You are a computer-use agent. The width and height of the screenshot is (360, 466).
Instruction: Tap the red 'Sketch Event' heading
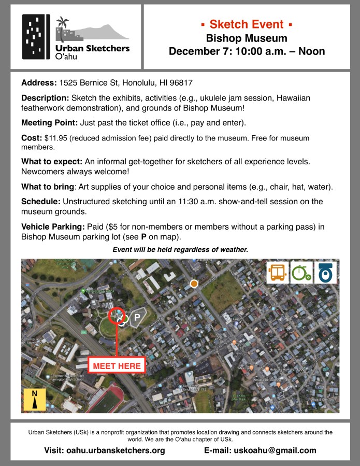247,24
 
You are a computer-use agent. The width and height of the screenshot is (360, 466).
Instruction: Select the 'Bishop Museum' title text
247,38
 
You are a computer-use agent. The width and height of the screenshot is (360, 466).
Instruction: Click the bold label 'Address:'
39,83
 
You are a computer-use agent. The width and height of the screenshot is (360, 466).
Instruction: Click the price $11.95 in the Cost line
55,138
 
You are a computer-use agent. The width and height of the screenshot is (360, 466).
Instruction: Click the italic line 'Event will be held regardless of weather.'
180,249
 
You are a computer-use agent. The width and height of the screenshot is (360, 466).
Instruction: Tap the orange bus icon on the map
277,273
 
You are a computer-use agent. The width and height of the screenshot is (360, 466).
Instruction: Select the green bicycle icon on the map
301,273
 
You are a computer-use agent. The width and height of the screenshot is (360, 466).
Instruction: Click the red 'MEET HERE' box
117,365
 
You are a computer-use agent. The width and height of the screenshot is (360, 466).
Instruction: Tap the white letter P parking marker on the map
138,316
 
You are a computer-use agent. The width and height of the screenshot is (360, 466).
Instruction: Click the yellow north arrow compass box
35,400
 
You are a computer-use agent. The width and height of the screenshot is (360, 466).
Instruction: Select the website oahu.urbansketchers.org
116,450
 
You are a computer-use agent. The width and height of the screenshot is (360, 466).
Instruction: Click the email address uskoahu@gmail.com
275,450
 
